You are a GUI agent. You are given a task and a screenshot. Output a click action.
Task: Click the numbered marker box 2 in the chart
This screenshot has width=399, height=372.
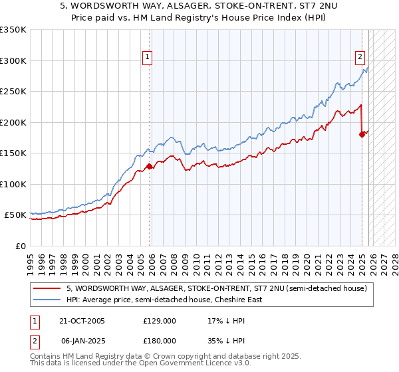click(360, 57)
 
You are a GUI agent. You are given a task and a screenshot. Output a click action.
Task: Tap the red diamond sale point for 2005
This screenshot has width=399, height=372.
click(149, 166)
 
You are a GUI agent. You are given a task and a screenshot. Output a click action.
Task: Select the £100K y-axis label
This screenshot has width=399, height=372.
click(13, 184)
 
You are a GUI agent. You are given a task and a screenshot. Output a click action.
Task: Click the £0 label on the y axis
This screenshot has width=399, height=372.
click(20, 246)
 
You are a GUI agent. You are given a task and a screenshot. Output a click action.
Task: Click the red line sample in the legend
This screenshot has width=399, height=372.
click(48, 288)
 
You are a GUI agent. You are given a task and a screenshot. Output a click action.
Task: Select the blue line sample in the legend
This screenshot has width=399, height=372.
click(48, 300)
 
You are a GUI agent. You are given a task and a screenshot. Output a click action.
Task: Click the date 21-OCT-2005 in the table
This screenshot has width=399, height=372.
click(82, 321)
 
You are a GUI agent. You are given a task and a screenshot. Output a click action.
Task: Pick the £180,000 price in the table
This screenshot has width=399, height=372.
click(159, 339)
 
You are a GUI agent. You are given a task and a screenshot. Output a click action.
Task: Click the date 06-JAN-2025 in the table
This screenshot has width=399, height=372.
click(82, 339)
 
